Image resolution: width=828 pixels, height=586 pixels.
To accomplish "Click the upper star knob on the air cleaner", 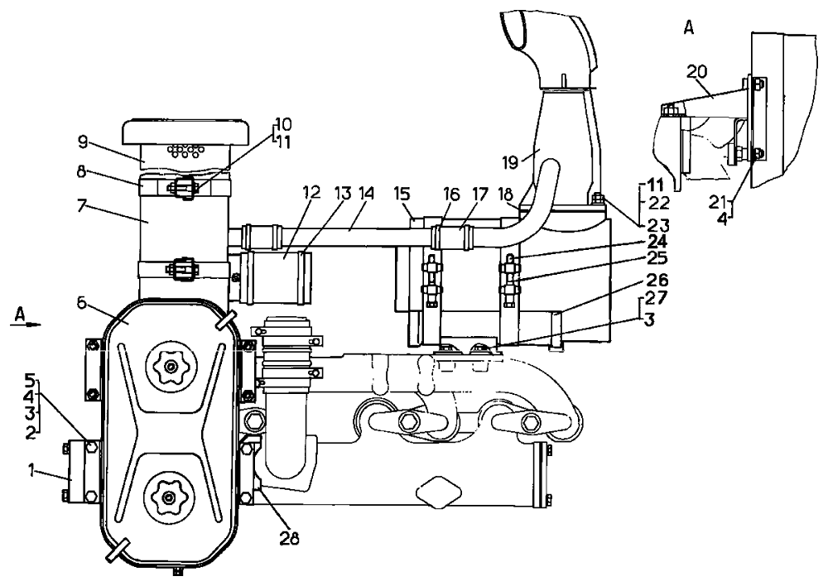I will pyautogui.click(x=171, y=365).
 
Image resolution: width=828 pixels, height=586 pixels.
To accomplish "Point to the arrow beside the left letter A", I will pyautogui.click(x=31, y=326).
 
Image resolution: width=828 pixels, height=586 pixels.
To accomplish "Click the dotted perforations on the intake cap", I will pyautogui.click(x=185, y=151).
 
